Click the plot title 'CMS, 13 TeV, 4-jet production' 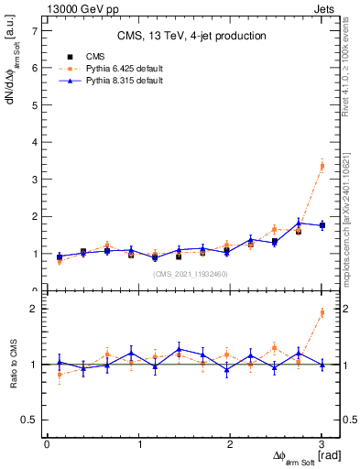[x=191, y=36]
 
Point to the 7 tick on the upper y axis [x=36, y=30]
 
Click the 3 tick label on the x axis [x=322, y=444]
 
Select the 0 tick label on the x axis [x=47, y=444]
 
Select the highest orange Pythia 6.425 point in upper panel [x=322, y=166]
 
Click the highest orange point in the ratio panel [x=322, y=312]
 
